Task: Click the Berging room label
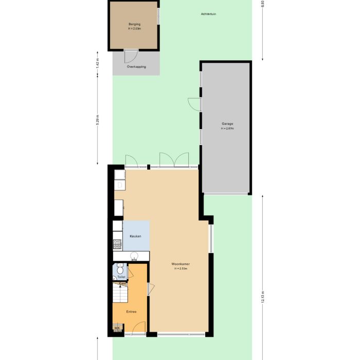[x=134, y=24]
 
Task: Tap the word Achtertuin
[x=208, y=14]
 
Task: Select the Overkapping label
[x=136, y=67]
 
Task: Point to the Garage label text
[x=227, y=124]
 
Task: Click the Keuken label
[x=135, y=236]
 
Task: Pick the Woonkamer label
[x=181, y=264]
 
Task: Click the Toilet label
[x=121, y=277]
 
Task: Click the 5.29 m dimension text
[x=98, y=124]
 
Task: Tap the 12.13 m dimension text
[x=263, y=298]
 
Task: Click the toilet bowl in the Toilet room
[x=120, y=269]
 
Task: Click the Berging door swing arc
[x=131, y=56]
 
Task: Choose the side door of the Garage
[x=194, y=104]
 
